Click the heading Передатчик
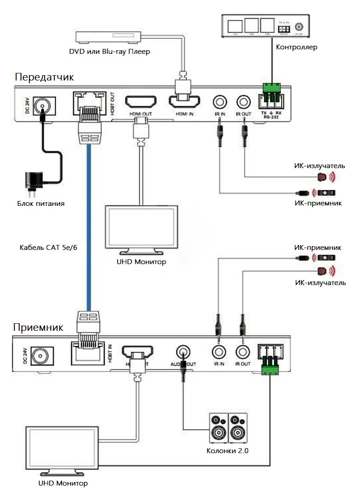pos(44,77)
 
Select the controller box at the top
pos(262,25)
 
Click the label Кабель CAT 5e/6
pos(44,247)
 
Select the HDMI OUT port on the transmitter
pos(140,103)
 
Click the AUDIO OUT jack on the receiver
pos(182,352)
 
